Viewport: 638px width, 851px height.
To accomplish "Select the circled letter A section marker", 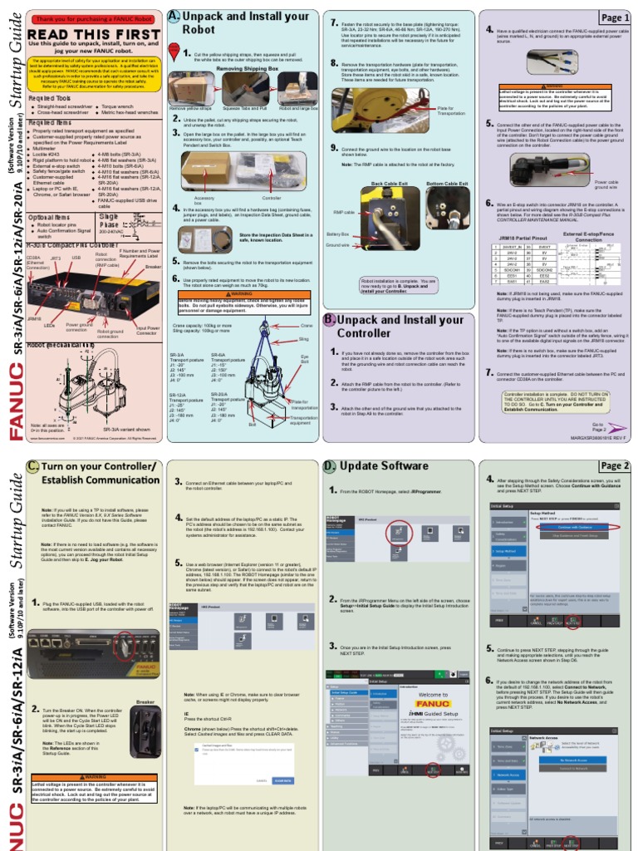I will tap(173, 16).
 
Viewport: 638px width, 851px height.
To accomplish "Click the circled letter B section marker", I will tap(330, 320).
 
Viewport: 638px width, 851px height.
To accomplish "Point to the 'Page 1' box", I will tap(615, 17).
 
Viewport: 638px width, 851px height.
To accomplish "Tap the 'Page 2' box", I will tap(615, 466).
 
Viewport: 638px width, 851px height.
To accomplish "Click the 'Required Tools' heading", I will tap(49, 97).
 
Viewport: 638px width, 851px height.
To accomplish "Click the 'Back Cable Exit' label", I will tap(389, 183).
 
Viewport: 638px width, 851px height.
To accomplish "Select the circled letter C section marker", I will tap(33, 466).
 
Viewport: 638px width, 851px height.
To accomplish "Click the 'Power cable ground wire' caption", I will tap(606, 185).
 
